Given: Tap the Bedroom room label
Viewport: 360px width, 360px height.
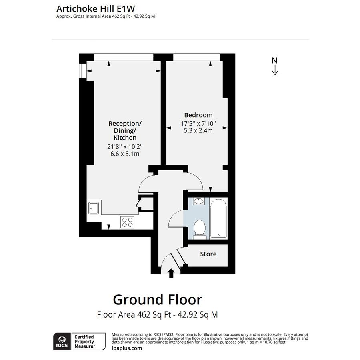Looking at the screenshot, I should click(198, 115).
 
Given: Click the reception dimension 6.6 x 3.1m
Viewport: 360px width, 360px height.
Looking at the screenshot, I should click(125, 154).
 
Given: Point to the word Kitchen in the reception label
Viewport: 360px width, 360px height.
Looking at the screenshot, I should click(125, 138).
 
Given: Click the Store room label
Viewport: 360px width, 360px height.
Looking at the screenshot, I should click(208, 254).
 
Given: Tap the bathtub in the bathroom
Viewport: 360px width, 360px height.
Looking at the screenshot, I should click(218, 218).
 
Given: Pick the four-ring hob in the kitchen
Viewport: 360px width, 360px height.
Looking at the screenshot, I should click(127, 222).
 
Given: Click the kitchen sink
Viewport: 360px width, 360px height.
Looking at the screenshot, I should click(94, 208).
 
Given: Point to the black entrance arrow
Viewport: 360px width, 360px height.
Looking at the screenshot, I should click(171, 273).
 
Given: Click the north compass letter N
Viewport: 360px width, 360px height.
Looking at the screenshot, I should click(274, 61).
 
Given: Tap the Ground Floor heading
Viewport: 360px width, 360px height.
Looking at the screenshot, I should click(157, 299).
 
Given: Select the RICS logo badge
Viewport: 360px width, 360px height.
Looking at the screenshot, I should click(61, 341).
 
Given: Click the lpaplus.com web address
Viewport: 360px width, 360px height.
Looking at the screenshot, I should click(126, 348).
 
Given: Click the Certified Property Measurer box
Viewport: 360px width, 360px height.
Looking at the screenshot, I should click(88, 341).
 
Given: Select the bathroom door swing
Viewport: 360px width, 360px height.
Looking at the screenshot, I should click(175, 219).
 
